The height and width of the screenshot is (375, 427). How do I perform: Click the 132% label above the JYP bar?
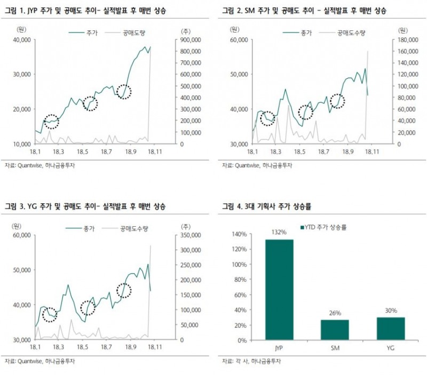pos(279,233)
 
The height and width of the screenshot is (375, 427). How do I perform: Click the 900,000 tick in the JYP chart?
pos(190,39)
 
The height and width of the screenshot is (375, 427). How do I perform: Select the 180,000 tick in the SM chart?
pos(406,39)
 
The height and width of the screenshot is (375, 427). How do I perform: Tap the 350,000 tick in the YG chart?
pos(190,235)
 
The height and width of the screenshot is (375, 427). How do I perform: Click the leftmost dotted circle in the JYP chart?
pos(51,122)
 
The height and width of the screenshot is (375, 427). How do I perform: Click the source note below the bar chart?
pos(251,362)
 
